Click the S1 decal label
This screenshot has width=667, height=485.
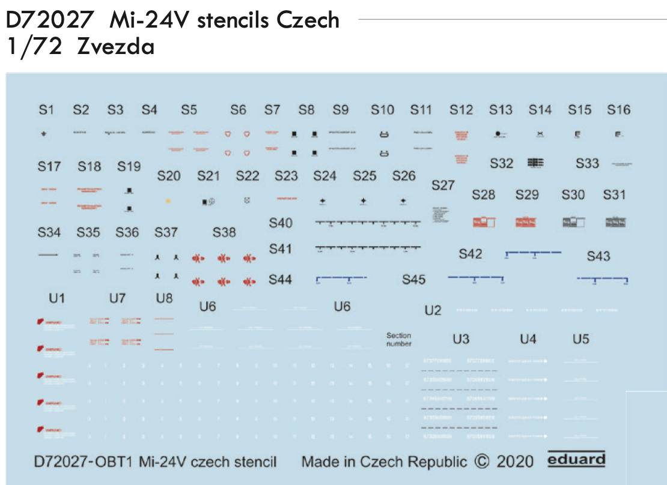click(46, 110)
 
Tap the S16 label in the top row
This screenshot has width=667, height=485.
click(618, 110)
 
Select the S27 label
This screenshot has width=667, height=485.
click(443, 185)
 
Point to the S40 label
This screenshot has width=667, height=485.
click(281, 223)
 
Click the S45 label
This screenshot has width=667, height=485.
click(414, 280)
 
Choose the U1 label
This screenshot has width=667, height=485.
click(57, 298)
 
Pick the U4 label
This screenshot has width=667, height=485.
click(528, 340)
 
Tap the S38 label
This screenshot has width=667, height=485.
click(224, 232)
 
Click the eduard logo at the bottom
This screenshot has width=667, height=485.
click(576, 460)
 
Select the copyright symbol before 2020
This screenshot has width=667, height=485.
click(482, 461)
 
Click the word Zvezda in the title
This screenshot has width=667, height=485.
click(116, 46)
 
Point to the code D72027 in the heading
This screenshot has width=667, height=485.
click(49, 20)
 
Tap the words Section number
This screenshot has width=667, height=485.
click(398, 340)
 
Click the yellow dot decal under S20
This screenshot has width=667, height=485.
click(168, 201)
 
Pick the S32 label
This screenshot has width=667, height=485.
click(501, 163)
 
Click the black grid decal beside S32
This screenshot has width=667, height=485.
click(535, 162)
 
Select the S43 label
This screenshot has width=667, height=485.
click(598, 256)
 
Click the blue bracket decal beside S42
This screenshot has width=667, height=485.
click(534, 253)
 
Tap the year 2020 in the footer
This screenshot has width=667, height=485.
click(515, 461)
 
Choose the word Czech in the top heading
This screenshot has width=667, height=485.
click(308, 20)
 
